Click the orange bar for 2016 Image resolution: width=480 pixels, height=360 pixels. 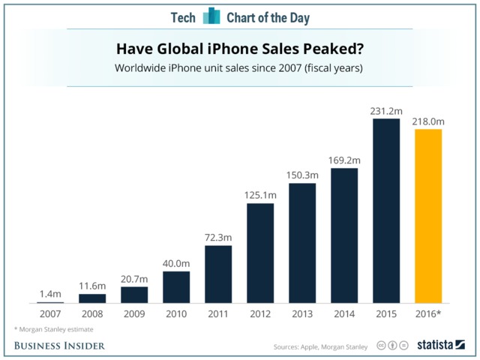point(427,216)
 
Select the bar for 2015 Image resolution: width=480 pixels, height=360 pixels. point(385,211)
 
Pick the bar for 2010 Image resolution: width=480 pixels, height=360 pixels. point(175,287)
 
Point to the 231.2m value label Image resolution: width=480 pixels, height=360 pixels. point(386,110)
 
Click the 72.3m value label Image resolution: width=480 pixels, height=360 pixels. point(218,237)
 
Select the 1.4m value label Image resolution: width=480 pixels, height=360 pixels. point(50,294)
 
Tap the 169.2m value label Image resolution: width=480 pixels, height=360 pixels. point(344,160)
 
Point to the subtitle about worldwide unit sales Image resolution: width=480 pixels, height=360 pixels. point(240,68)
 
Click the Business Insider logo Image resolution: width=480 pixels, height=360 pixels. point(59,345)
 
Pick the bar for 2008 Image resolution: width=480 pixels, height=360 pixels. point(92,298)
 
